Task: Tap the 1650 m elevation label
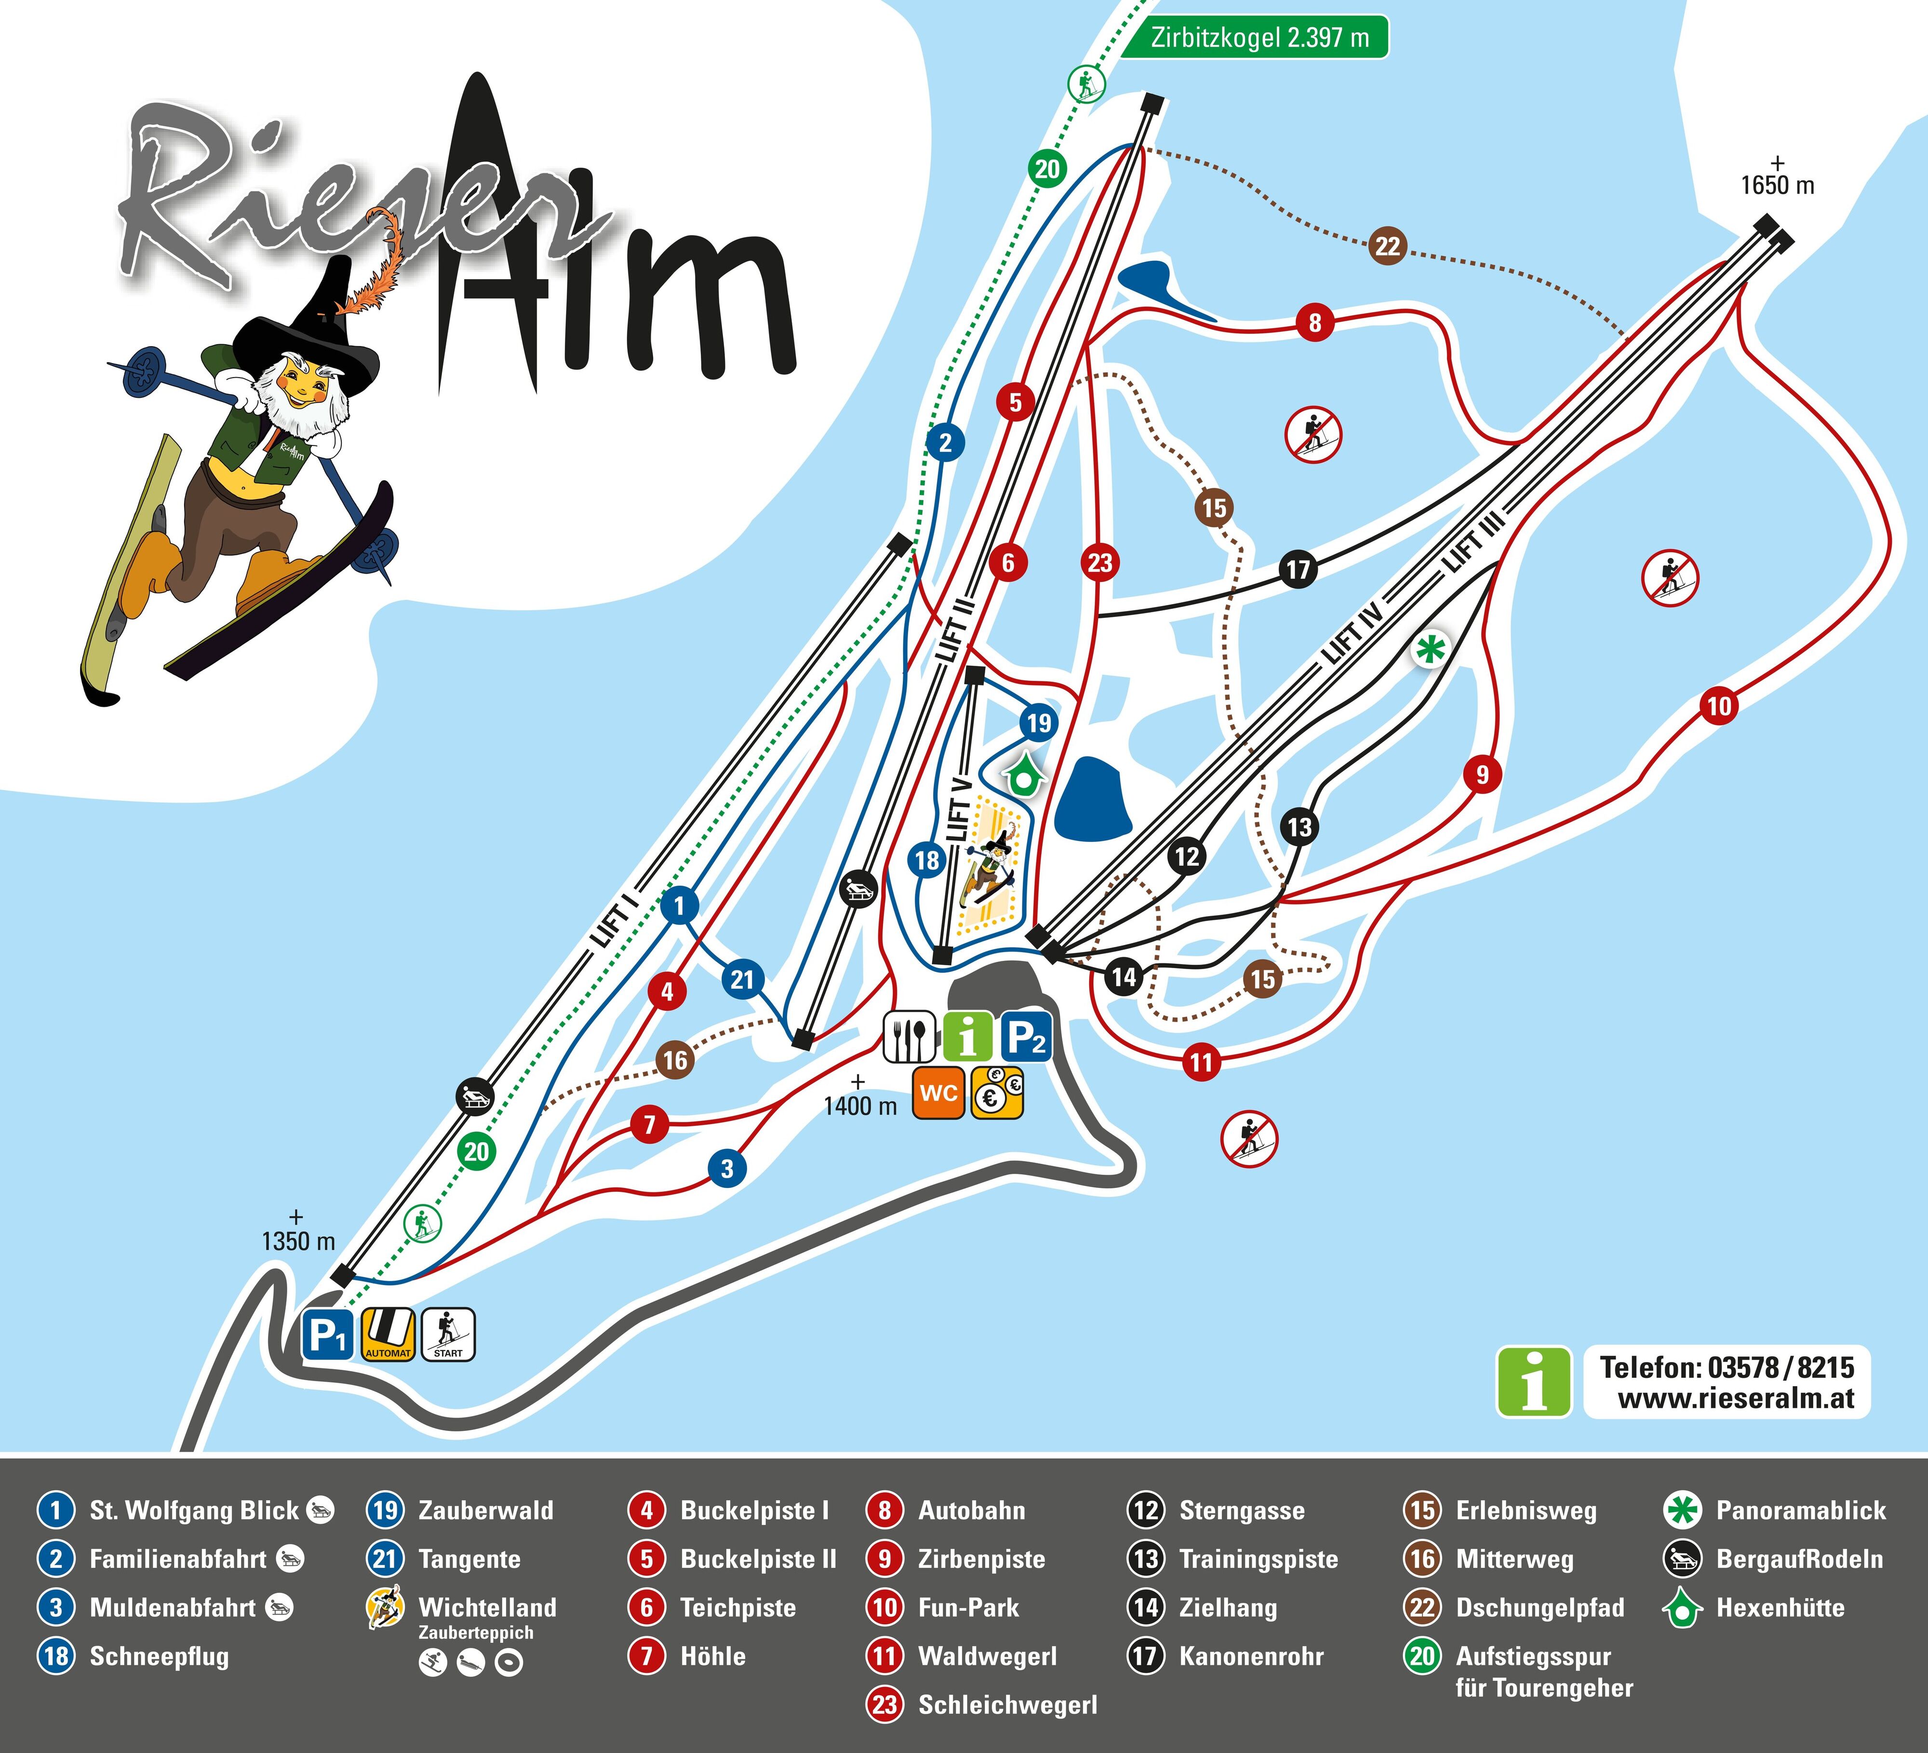1777,185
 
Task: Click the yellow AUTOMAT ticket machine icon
388,1335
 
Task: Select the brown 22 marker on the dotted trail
1387,247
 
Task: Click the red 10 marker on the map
1718,707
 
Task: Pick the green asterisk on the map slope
1429,650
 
